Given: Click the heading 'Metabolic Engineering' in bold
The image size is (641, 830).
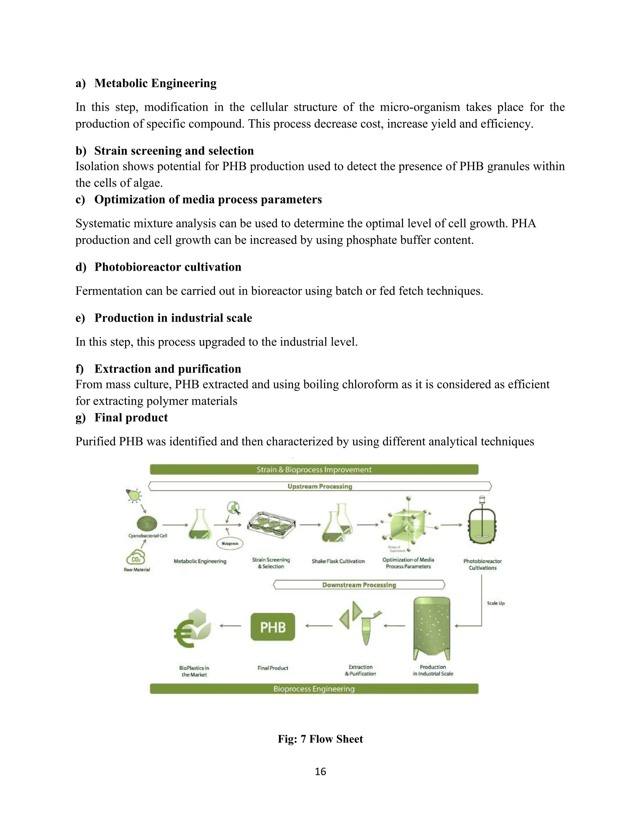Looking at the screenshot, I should (155, 83).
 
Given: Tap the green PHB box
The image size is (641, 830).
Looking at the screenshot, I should (273, 627).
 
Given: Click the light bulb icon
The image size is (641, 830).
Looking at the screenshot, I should (133, 495).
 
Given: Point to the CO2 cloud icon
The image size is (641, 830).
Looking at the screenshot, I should (136, 558).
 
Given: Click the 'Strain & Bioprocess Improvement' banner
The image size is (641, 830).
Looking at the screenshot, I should (314, 469).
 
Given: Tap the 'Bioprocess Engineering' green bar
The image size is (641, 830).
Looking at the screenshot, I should (314, 689).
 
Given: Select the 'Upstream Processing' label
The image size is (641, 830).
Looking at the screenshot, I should (320, 486).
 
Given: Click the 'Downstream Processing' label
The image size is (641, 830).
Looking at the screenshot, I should (359, 584).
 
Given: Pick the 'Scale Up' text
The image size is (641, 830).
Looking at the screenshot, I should (495, 603).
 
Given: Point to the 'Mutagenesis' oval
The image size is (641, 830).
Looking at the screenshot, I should (230, 543).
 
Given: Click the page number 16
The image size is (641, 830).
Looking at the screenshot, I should (320, 771).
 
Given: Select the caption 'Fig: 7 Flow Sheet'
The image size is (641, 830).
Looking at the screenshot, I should (320, 739).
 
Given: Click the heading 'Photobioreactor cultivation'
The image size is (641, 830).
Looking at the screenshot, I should (167, 267).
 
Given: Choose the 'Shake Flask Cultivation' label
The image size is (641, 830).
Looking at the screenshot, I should (338, 561).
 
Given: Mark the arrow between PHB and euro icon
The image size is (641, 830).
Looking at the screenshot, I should (230, 625).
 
